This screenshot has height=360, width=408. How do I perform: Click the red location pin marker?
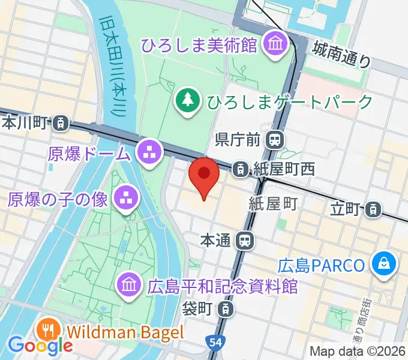tap(203, 175)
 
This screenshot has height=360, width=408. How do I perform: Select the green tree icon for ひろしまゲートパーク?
tap(189, 99)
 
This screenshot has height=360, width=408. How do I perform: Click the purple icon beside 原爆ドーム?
tap(149, 152)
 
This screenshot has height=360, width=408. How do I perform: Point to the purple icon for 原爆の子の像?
tap(126, 199)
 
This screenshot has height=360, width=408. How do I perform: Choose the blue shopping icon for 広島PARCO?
tap(382, 265)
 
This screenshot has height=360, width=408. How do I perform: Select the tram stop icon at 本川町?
tap(59, 124)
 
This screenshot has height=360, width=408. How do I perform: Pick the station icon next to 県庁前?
tap(275, 140)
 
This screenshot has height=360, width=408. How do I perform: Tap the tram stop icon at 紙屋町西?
tap(240, 169)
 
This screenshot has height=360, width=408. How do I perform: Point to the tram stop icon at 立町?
tap(373, 209)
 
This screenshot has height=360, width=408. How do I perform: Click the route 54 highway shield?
tap(215, 343)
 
